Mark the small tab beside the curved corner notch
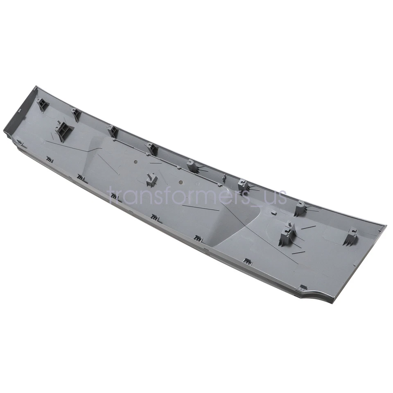[303, 288]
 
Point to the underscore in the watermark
[257, 203]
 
